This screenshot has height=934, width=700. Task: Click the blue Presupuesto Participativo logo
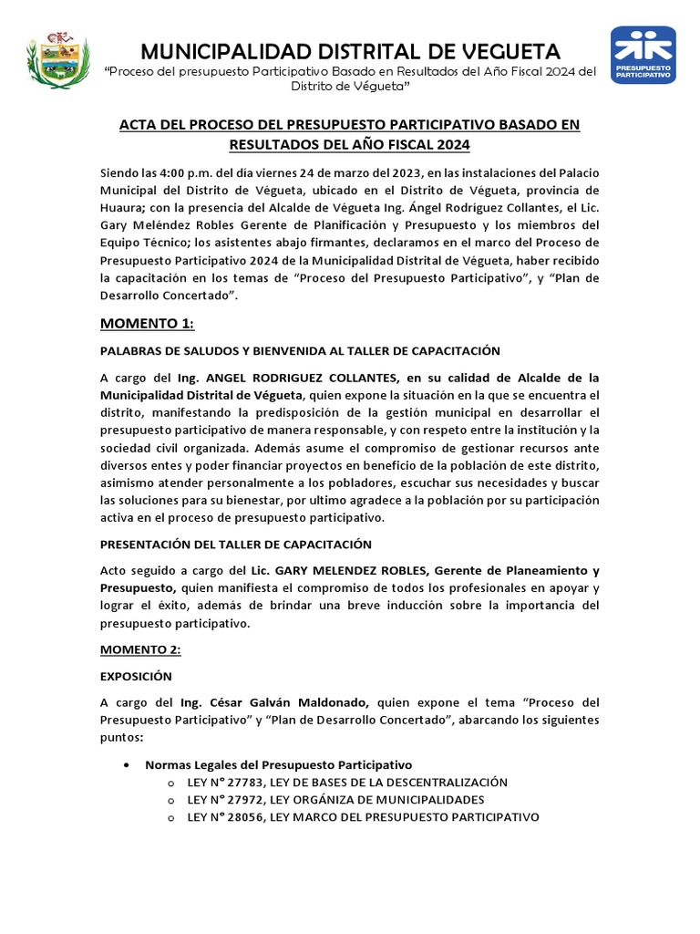[643, 56]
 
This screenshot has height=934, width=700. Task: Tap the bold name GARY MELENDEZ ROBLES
[307, 570]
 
